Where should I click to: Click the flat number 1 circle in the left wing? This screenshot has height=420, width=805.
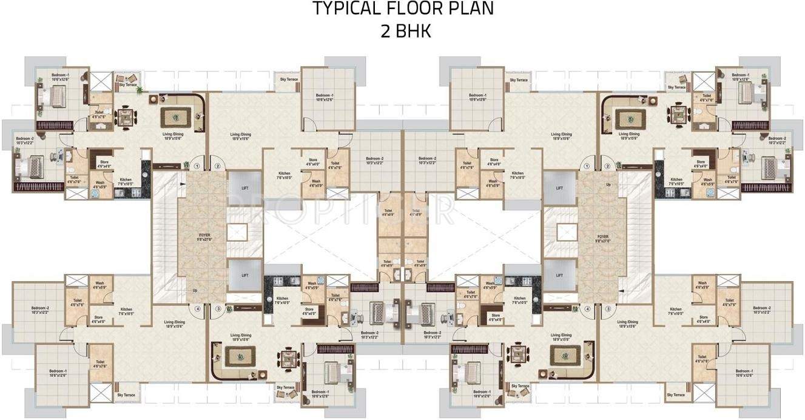click(x=197, y=166)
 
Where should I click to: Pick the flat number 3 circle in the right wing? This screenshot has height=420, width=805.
click(x=607, y=309)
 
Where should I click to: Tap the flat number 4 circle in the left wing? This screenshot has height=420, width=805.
click(x=197, y=309)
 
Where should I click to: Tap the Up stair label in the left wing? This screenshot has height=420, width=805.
click(x=195, y=290)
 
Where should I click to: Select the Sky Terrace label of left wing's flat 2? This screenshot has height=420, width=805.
click(x=289, y=80)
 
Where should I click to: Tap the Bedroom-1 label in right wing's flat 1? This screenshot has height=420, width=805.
click(x=477, y=96)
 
